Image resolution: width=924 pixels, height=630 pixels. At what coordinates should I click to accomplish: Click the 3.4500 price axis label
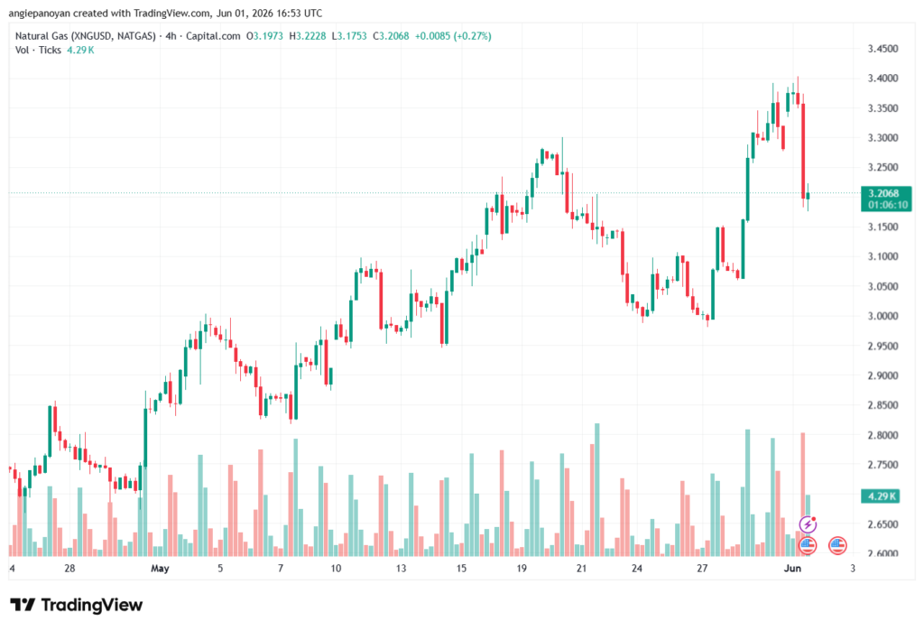[x=882, y=49]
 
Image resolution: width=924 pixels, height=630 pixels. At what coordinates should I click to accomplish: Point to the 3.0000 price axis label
[x=882, y=316]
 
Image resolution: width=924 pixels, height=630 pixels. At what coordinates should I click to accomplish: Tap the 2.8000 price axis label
[x=882, y=435]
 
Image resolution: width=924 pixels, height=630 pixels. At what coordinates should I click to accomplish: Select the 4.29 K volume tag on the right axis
[x=881, y=496]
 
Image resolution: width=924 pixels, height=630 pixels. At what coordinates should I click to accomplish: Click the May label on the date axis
[x=160, y=569]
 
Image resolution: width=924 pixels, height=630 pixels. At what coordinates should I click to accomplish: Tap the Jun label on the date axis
[x=792, y=568]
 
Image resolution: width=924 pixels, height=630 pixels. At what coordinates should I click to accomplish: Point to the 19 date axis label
[x=522, y=568]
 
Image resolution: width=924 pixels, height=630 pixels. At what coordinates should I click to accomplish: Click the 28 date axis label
[x=69, y=568]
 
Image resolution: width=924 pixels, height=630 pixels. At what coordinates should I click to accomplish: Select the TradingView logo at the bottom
[x=77, y=606]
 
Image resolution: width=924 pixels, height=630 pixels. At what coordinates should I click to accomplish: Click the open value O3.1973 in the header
[x=264, y=36]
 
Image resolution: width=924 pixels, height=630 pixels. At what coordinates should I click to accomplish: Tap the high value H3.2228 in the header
[x=307, y=36]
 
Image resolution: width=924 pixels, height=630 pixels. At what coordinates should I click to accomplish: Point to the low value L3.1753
[x=349, y=36]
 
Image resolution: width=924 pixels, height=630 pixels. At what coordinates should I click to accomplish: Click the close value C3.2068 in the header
[x=391, y=36]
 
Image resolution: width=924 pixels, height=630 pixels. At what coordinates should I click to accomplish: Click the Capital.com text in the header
[x=213, y=36]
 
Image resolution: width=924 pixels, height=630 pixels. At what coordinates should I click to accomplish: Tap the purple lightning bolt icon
[x=808, y=523]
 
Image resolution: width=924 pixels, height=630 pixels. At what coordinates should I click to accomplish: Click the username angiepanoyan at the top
[x=40, y=13]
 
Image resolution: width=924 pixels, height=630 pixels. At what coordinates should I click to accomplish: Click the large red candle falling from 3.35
[x=803, y=151]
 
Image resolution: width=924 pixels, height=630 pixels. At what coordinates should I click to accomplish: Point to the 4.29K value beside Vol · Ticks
[x=80, y=51]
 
